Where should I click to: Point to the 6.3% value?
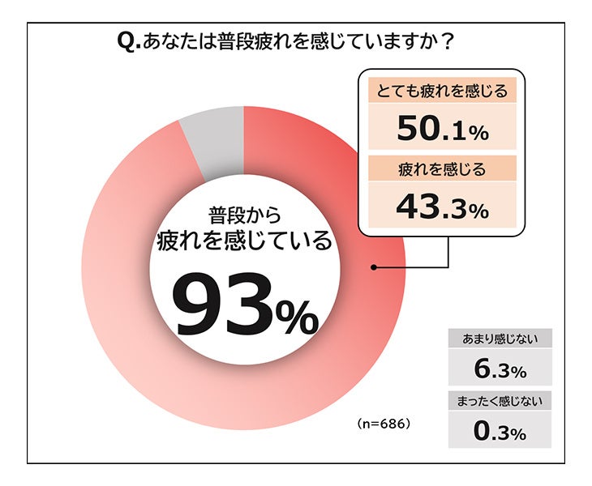[x=500, y=370]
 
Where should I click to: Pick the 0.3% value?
[x=500, y=431]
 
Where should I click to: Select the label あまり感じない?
[x=500, y=339]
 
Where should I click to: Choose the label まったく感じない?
[x=500, y=400]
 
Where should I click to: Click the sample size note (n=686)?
[x=384, y=424]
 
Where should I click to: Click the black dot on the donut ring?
[x=374, y=266]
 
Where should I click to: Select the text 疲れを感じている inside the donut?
[x=244, y=241]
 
